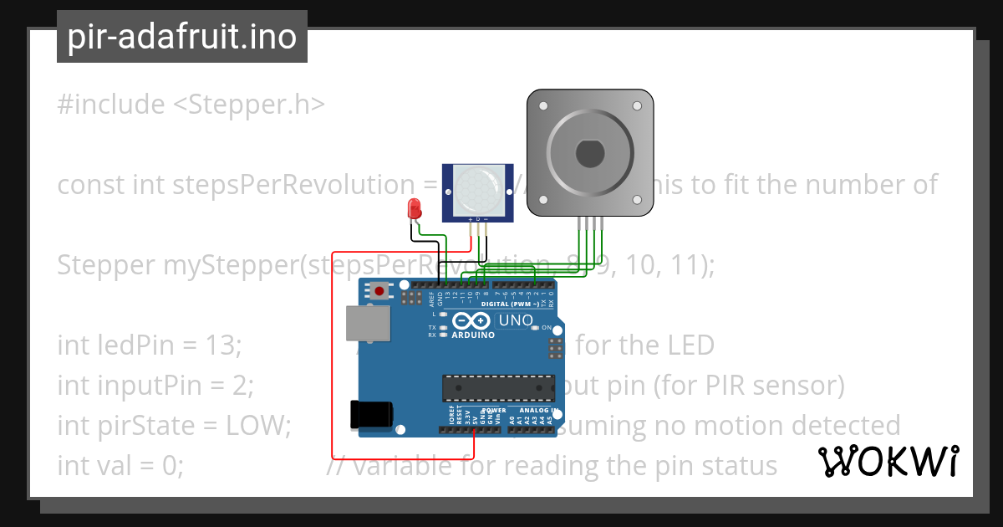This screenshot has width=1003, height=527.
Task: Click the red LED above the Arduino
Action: pyautogui.click(x=412, y=208)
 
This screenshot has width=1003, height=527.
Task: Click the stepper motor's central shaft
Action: pyautogui.click(x=590, y=154)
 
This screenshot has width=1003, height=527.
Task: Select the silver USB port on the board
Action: pyautogui.click(x=367, y=323)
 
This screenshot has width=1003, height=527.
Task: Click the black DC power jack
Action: pyautogui.click(x=371, y=413)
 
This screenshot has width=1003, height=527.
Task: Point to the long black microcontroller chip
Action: pyautogui.click(x=498, y=386)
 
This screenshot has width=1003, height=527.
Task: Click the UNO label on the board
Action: pyautogui.click(x=516, y=320)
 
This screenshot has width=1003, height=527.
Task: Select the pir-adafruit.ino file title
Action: pyautogui.click(x=181, y=37)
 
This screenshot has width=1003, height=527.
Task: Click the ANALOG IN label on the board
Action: pyautogui.click(x=536, y=411)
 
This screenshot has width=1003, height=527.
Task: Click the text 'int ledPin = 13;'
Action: pyautogui.click(x=149, y=345)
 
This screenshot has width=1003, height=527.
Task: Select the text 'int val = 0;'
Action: pyautogui.click(x=120, y=465)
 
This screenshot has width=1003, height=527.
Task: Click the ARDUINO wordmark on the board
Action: pyautogui.click(x=473, y=335)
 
